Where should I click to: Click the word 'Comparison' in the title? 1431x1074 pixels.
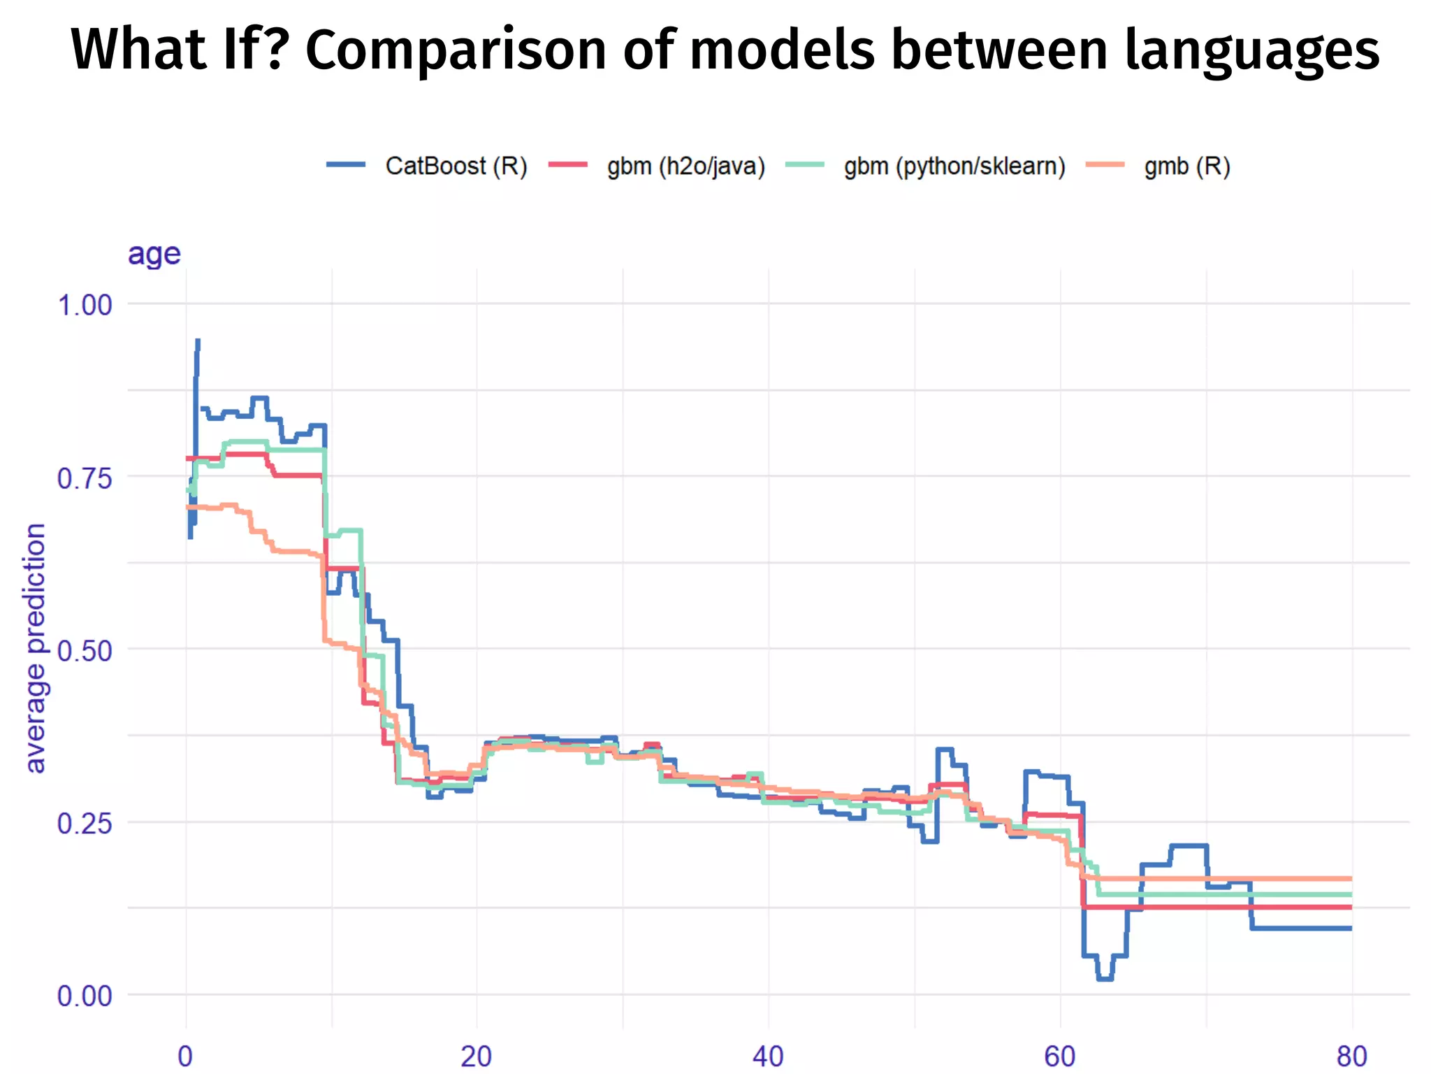(x=456, y=50)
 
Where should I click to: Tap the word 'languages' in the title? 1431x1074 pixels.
(x=1252, y=50)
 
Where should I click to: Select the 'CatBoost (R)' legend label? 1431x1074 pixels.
(x=456, y=166)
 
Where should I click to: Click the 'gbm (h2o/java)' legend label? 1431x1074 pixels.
(x=686, y=166)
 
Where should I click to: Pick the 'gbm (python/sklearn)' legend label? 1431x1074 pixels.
(x=954, y=166)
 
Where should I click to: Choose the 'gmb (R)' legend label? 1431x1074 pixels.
(x=1187, y=166)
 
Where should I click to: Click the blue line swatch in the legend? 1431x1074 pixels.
(x=346, y=165)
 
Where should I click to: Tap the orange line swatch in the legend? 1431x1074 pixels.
(x=1105, y=165)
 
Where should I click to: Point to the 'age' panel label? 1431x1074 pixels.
(x=154, y=253)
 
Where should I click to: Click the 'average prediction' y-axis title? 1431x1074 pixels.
(x=35, y=647)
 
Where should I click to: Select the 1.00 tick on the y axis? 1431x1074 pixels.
(x=85, y=306)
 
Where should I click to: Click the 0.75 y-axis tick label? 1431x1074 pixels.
(x=85, y=479)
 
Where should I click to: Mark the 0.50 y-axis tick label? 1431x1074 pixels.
(x=85, y=651)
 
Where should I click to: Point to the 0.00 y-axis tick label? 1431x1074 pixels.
(x=85, y=996)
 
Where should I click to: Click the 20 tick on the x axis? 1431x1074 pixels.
(x=477, y=1056)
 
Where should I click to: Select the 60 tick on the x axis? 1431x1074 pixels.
(x=1060, y=1056)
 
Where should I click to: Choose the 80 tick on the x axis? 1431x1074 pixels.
(x=1351, y=1056)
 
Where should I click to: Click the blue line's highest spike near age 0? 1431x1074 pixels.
(x=198, y=342)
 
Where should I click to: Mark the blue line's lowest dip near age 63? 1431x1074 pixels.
(x=1105, y=978)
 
